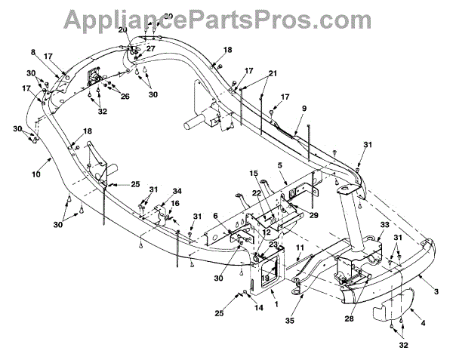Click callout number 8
tap(34, 52)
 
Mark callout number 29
tap(314, 216)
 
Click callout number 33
tap(384, 225)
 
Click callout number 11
tap(300, 248)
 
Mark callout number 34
tap(177, 191)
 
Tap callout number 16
tap(175, 204)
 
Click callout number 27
tap(151, 48)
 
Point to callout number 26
tap(125, 96)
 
